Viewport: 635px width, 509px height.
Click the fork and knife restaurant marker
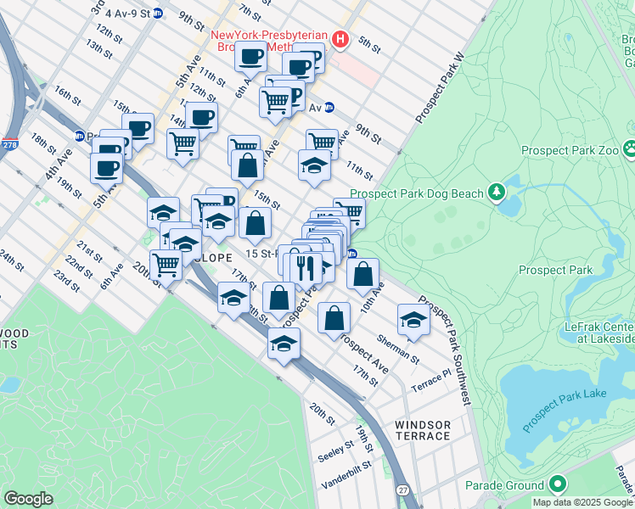pyautogui.click(x=306, y=268)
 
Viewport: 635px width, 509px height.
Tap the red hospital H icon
pyautogui.click(x=340, y=39)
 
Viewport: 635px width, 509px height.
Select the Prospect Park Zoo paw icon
pyautogui.click(x=630, y=150)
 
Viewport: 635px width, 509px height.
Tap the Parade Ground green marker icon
pyautogui.click(x=558, y=485)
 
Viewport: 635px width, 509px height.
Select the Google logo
pyautogui.click(x=28, y=499)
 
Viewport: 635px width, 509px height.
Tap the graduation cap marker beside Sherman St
pyautogui.click(x=413, y=320)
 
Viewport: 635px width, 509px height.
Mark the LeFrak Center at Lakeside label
pyautogui.click(x=599, y=333)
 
